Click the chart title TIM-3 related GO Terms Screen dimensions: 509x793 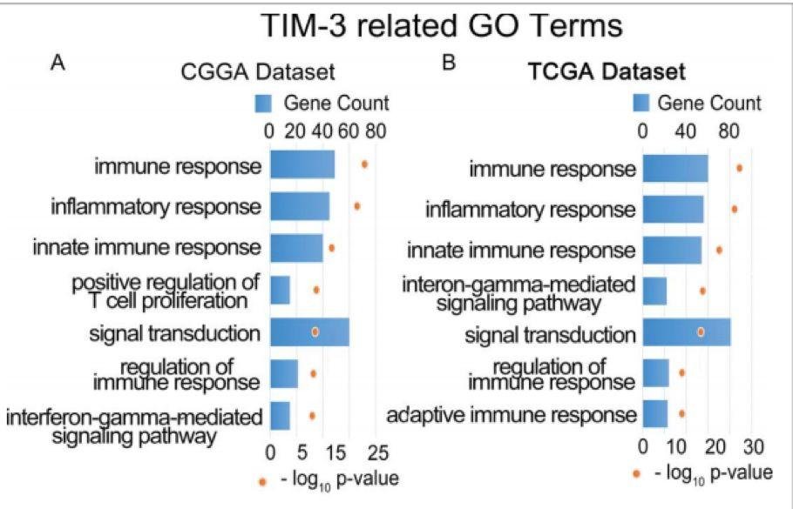(x=444, y=25)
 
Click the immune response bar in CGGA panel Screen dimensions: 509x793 (x=302, y=164)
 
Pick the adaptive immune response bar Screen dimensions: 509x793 (x=655, y=413)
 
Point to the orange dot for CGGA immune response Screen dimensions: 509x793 (x=364, y=164)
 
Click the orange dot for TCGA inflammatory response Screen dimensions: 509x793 (x=735, y=209)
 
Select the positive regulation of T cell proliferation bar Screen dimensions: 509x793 (x=280, y=290)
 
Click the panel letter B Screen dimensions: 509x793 (x=449, y=64)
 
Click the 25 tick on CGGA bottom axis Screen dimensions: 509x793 (x=378, y=452)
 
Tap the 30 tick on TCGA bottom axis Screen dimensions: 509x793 (x=754, y=448)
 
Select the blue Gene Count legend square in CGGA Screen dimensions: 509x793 (x=263, y=104)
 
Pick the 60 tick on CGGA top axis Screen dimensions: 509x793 (x=349, y=132)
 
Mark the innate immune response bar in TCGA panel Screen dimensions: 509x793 (x=672, y=250)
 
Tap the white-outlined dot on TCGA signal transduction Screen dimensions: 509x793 (x=701, y=332)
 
